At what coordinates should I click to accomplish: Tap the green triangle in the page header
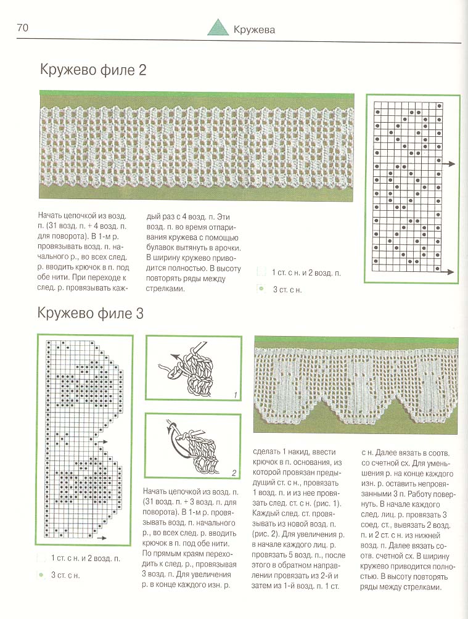(217, 28)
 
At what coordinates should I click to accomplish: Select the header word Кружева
(254, 30)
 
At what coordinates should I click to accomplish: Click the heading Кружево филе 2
(93, 70)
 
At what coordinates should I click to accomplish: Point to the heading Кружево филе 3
(91, 313)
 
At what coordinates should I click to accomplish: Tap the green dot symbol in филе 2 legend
(261, 288)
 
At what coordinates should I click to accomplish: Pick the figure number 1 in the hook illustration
(235, 395)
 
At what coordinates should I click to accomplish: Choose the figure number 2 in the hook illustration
(234, 473)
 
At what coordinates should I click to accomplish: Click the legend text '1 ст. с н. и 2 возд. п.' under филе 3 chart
(84, 558)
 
